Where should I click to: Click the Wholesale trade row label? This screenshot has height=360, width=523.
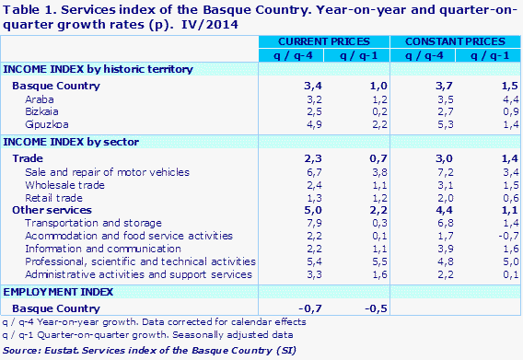click(x=65, y=184)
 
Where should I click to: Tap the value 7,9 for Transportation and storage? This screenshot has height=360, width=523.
click(x=287, y=223)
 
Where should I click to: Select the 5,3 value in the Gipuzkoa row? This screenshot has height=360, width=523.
click(x=416, y=123)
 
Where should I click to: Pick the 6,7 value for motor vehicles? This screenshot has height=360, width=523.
click(x=287, y=171)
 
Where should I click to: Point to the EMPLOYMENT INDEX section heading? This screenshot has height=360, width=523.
click(x=58, y=292)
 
